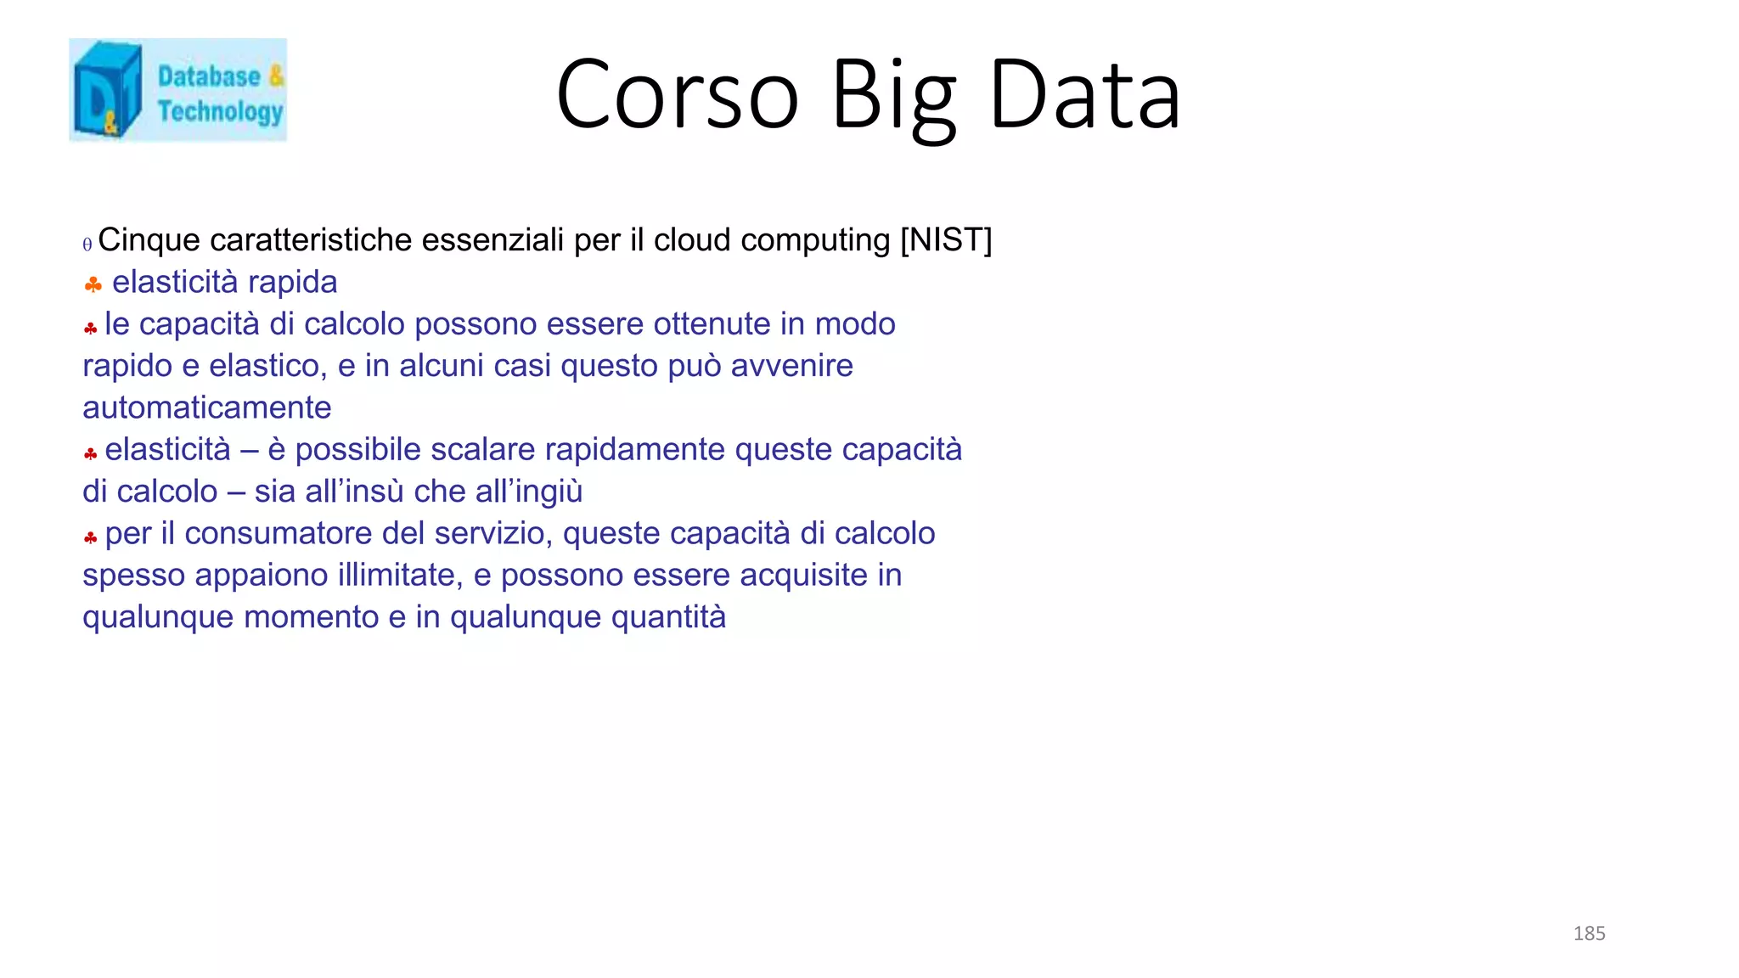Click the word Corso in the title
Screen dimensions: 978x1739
coord(677,95)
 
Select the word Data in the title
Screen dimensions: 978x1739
coord(1084,95)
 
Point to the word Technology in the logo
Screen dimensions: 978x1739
coord(220,111)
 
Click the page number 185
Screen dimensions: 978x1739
coord(1589,934)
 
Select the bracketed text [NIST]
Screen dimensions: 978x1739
coord(946,240)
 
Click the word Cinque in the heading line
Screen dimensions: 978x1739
coord(149,240)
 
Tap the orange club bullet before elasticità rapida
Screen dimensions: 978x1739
coord(93,284)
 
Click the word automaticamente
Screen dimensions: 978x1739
coord(206,408)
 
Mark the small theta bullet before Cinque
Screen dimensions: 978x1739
coord(87,245)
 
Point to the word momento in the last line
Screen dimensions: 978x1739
coord(311,617)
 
